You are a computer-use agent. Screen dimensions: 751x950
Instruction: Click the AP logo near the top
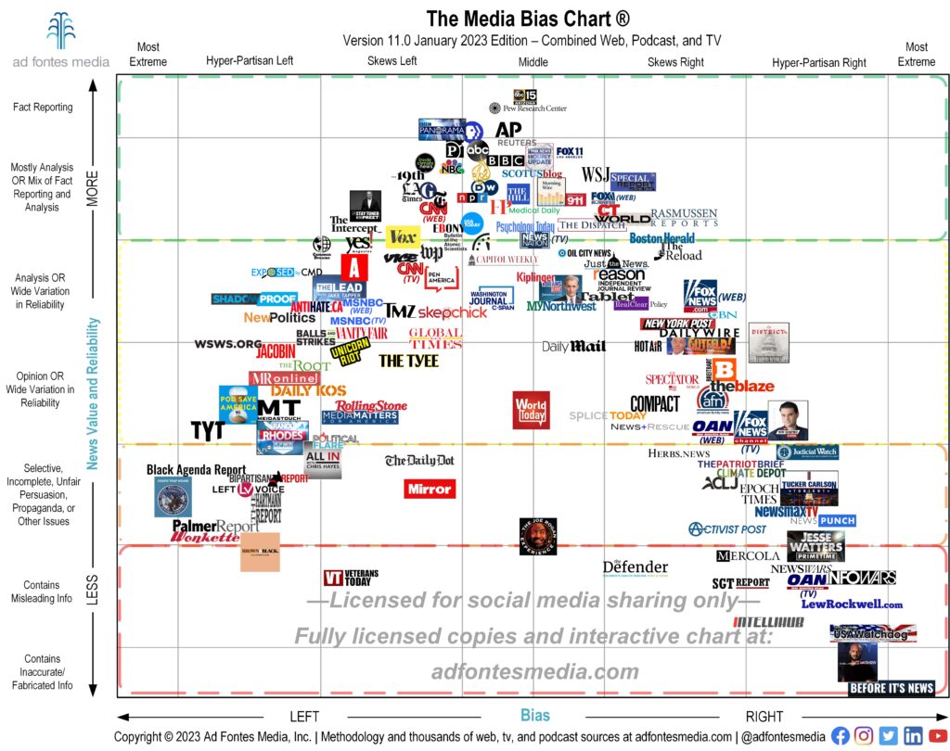pos(508,130)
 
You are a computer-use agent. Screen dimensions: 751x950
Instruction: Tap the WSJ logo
pos(595,174)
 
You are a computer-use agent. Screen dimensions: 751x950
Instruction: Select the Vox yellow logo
pos(403,237)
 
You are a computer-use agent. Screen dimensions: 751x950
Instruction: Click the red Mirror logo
pos(429,488)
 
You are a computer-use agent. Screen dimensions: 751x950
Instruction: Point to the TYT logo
pos(208,430)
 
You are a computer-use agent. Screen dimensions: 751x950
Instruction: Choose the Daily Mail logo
pos(573,346)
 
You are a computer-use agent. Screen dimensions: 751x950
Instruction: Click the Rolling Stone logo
pos(371,406)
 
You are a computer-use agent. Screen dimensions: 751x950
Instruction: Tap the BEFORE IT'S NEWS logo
pos(891,688)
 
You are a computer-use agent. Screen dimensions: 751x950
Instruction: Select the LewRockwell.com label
pos(851,605)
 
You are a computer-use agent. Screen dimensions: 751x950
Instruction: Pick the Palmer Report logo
pos(215,527)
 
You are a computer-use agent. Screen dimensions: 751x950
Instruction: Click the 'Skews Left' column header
pos(392,62)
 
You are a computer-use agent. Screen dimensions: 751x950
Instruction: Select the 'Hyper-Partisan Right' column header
pos(818,63)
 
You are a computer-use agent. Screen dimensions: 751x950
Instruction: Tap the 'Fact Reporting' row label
pos(43,108)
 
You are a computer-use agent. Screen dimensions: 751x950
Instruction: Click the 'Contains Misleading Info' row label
pos(43,592)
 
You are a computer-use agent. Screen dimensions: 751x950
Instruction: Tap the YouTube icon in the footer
pos(937,735)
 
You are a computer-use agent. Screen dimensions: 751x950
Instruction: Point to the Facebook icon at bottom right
pos(841,735)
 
